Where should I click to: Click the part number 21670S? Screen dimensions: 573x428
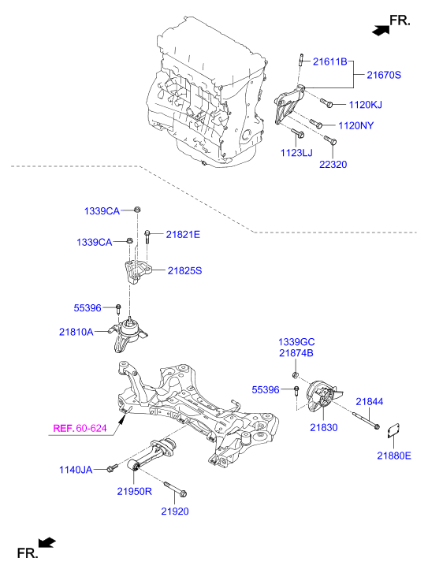coord(385,75)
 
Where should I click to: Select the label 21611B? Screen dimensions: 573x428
coord(330,61)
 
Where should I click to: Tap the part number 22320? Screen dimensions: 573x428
coord(333,165)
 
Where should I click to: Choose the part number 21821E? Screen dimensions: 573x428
coord(183,234)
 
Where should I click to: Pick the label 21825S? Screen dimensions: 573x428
coord(184,270)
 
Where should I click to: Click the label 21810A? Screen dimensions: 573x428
coord(76,332)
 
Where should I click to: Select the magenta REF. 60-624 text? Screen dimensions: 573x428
coord(79,429)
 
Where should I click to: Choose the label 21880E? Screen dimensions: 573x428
coord(393,455)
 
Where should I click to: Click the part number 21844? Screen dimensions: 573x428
coord(369,401)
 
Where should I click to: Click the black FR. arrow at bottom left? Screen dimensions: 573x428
coord(47,541)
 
